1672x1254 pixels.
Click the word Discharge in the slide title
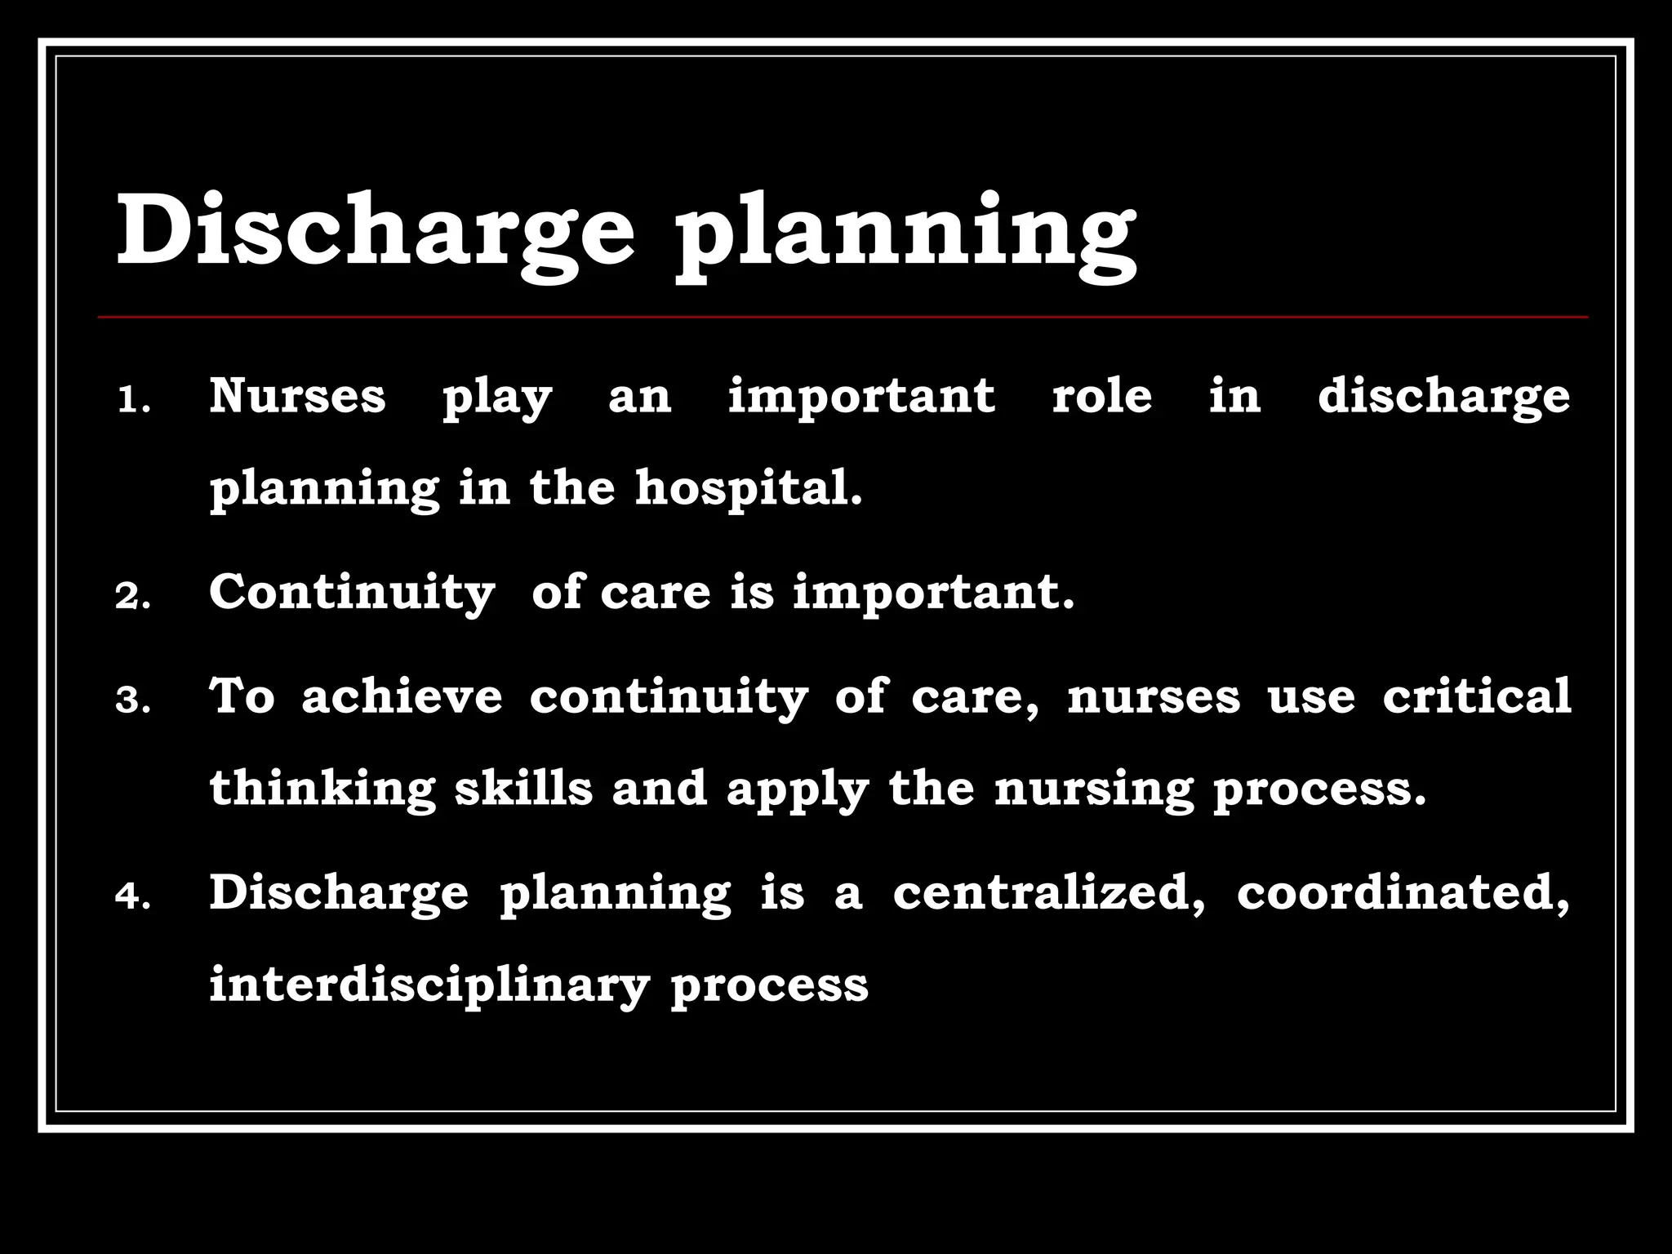[x=376, y=230]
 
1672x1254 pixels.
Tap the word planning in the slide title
[x=905, y=237]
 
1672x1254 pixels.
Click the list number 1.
[x=134, y=401]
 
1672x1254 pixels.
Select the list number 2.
[x=133, y=597]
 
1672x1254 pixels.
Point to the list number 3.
[x=133, y=700]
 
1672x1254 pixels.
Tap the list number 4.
[x=133, y=896]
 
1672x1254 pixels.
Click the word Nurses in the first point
[x=297, y=396]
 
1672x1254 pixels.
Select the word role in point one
[x=1101, y=396]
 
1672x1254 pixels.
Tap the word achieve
[x=402, y=696]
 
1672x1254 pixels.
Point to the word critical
[x=1476, y=696]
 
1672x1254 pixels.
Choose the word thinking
[x=322, y=790]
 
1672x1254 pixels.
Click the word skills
[x=523, y=789]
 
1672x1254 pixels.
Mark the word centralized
[x=1048, y=892]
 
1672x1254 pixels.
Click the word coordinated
[x=1403, y=892]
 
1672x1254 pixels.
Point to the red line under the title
[x=843, y=316]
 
